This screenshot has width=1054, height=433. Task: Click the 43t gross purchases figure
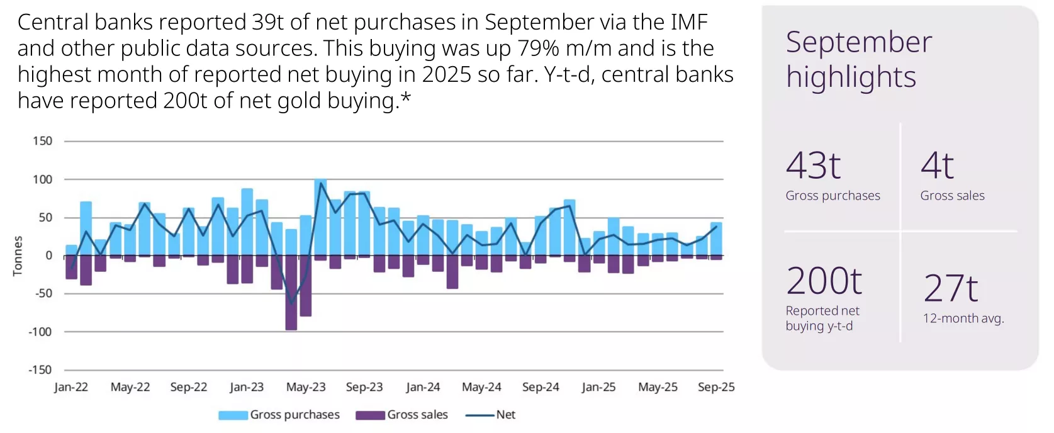point(813,166)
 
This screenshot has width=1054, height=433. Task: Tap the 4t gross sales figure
point(937,166)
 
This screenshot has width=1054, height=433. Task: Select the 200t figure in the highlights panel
point(824,281)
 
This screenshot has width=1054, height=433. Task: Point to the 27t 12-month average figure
point(950,288)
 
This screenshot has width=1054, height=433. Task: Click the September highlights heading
point(858,59)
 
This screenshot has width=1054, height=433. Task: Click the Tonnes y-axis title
point(18,256)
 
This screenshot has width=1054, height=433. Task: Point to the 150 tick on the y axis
point(43,141)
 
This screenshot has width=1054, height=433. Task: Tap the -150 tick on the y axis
point(40,370)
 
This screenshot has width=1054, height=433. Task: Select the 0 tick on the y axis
point(48,256)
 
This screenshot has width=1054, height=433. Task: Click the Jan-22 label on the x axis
point(71,387)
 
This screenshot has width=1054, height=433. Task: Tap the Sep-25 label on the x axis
point(716,387)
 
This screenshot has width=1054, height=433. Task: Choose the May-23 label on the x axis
point(306,387)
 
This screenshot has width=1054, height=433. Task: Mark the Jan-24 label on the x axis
point(423,387)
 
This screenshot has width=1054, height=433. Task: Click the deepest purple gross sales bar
point(291,293)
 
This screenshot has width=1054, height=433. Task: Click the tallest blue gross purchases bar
point(320,217)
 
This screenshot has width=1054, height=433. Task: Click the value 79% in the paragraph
point(539,48)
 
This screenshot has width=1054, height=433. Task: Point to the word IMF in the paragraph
point(689,22)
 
